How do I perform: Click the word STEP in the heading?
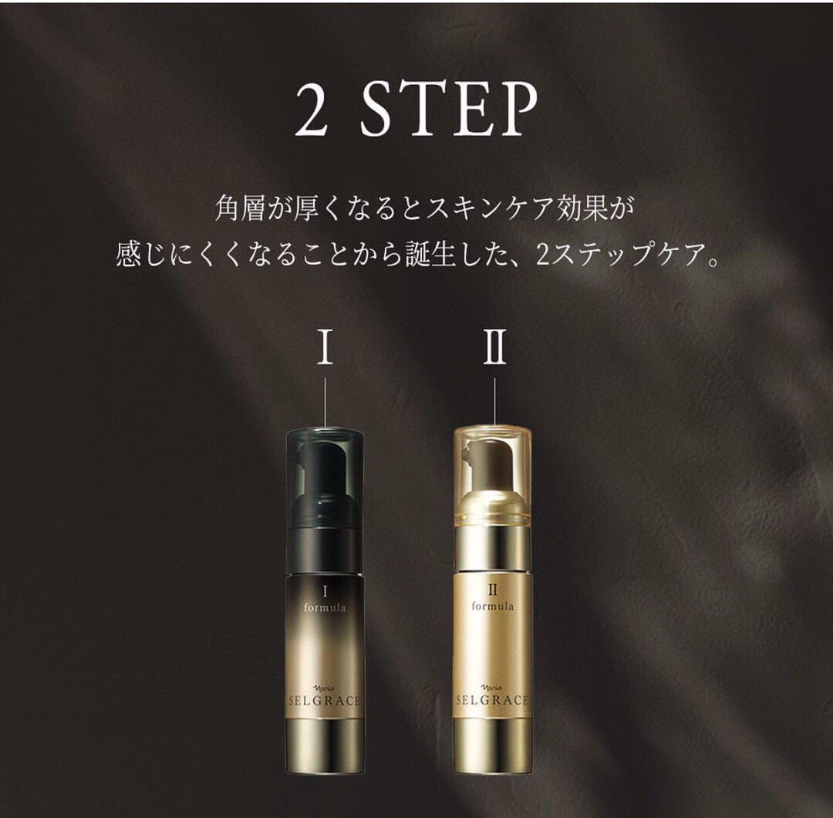click(449, 110)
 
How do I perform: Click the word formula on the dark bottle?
click(325, 607)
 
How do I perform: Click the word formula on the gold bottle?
click(493, 605)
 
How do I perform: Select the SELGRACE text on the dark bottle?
click(325, 701)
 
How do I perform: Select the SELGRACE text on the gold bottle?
click(493, 700)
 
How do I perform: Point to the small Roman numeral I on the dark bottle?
click(325, 590)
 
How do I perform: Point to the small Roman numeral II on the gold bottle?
click(493, 589)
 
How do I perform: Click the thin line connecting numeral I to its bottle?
click(325, 403)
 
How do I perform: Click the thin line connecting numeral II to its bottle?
click(494, 402)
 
